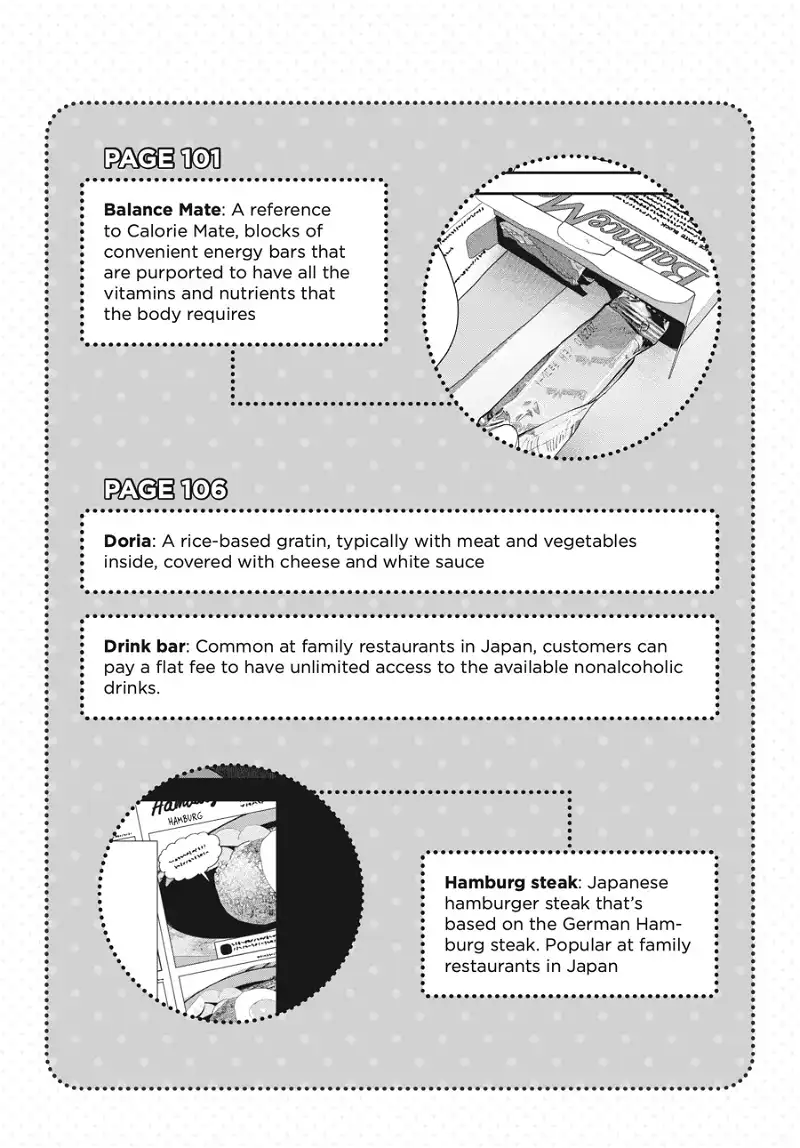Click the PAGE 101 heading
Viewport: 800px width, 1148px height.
162,158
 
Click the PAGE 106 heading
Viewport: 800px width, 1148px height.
165,490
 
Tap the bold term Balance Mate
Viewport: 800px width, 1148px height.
162,211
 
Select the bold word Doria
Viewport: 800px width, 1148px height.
127,541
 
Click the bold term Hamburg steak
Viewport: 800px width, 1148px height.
511,883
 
